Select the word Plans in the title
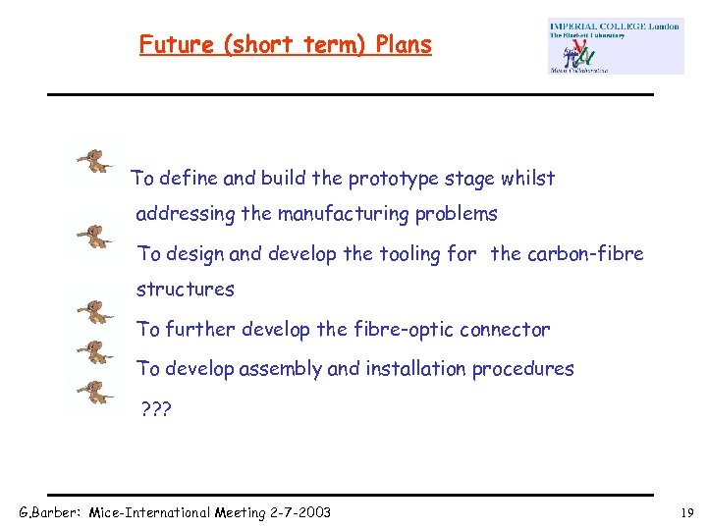point(404,45)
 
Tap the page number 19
point(685,512)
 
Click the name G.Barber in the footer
point(50,512)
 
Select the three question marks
point(154,408)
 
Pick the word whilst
point(528,179)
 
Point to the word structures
point(185,290)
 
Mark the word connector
point(498,330)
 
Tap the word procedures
point(522,369)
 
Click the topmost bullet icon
point(95,161)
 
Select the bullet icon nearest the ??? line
point(95,394)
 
